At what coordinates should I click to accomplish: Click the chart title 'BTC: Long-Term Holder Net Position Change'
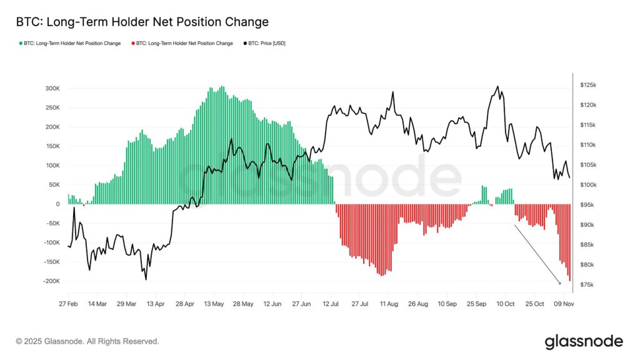coord(142,22)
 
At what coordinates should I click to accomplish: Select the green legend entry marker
coord(21,43)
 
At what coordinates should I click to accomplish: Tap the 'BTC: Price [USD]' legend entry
coord(266,43)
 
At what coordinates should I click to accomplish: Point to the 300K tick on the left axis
coord(51,88)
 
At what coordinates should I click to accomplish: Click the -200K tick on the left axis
coord(49,281)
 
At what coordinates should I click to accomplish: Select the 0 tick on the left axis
coord(57,204)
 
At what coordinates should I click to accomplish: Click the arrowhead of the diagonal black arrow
coord(560,284)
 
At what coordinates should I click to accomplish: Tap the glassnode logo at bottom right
coord(583,341)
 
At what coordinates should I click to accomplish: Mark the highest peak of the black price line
coord(497,86)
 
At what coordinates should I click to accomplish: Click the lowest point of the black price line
coord(146,279)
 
